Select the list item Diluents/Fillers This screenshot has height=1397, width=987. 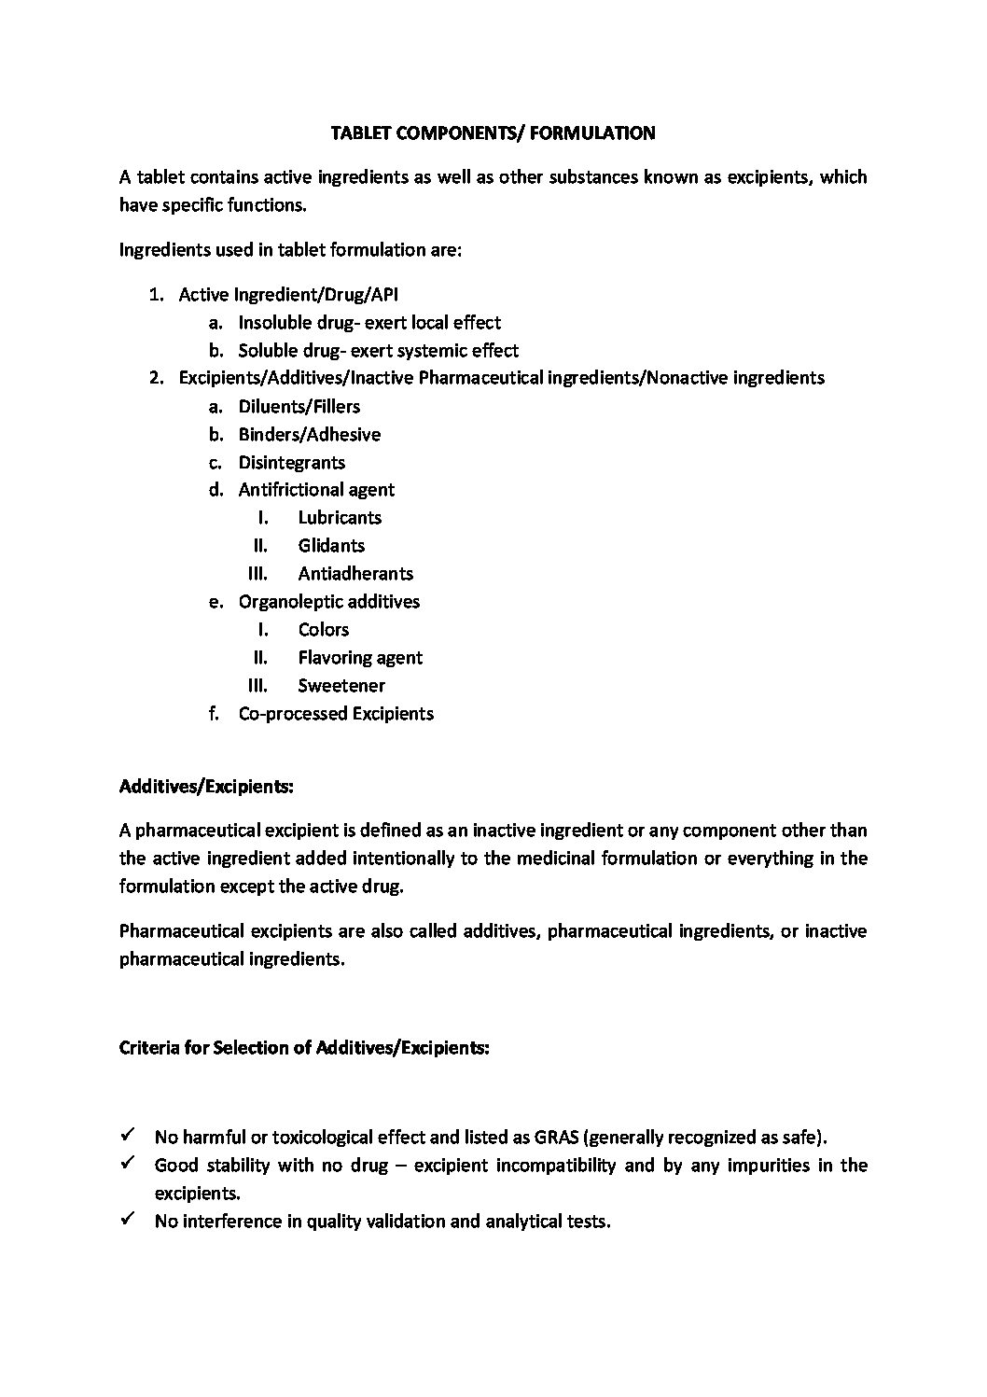[299, 407]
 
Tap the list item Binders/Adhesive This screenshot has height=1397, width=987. [309, 435]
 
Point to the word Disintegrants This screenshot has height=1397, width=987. [291, 463]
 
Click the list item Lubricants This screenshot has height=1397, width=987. [340, 518]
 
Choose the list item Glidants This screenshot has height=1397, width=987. [331, 546]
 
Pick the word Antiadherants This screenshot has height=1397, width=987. [355, 574]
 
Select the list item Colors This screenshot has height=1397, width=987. [323, 630]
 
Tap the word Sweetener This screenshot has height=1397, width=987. [341, 686]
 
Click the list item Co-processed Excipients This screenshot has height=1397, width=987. [336, 714]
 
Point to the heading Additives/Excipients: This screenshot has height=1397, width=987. [206, 787]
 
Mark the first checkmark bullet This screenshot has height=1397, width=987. [128, 1136]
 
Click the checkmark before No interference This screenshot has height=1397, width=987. [128, 1220]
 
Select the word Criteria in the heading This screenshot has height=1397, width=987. [148, 1048]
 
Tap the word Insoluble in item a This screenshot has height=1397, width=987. [273, 323]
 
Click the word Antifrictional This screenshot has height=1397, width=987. [290, 490]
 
